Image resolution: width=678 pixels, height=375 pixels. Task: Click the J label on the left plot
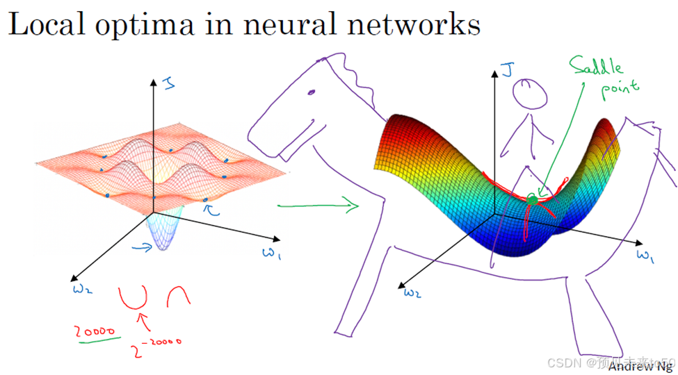click(168, 83)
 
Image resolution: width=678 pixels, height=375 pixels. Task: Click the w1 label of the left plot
click(271, 253)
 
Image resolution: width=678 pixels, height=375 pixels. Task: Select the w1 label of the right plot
click(645, 256)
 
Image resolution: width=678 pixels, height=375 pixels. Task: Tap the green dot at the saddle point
click(533, 201)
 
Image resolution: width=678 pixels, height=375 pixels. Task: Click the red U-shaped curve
click(132, 297)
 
